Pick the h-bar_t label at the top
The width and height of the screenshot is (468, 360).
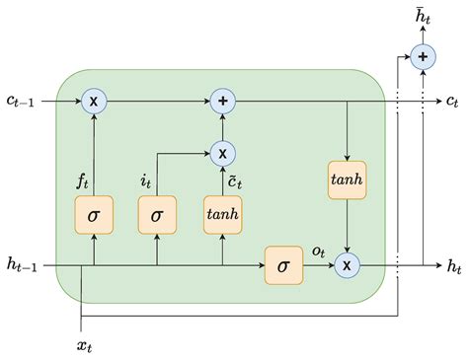tap(423, 17)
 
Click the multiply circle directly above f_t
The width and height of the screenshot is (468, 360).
tap(93, 100)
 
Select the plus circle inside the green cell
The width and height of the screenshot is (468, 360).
tap(222, 100)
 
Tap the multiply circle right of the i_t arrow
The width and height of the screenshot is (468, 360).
tap(222, 152)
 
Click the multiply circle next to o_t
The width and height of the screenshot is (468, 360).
tap(347, 264)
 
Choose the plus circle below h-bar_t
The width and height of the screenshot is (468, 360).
tap(423, 57)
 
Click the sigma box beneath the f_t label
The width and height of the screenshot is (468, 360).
tap(93, 214)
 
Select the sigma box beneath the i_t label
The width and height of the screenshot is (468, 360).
tap(156, 214)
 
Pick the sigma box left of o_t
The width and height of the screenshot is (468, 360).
tap(282, 264)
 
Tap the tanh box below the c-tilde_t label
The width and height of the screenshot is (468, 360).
tap(222, 214)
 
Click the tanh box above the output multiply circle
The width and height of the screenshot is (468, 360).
tap(347, 180)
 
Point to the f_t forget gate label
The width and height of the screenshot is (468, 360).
tap(85, 180)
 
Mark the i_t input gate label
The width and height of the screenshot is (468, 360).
tap(146, 180)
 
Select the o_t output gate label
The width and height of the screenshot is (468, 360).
tap(318, 251)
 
